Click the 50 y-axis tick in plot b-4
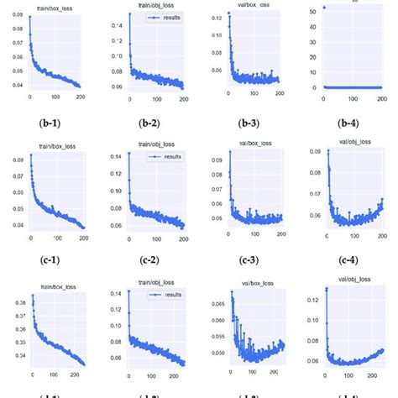[x=311, y=11]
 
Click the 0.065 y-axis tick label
[x=217, y=303]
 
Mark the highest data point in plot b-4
[x=324, y=8]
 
